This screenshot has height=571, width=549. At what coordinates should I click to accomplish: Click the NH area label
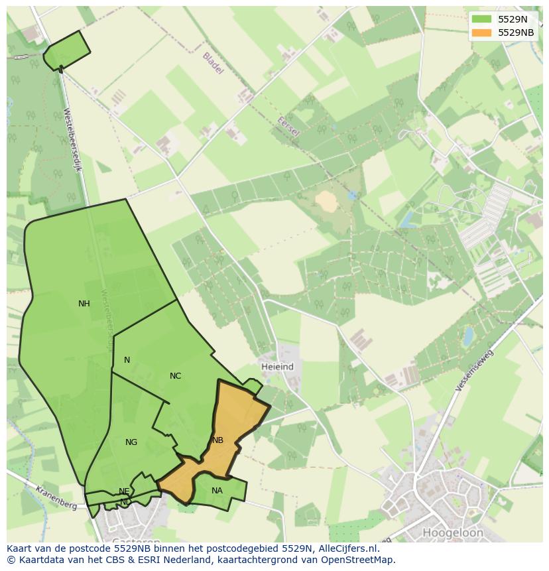(x=84, y=304)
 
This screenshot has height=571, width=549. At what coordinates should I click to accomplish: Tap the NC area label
(x=175, y=376)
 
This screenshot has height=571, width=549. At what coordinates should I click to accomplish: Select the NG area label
(x=131, y=442)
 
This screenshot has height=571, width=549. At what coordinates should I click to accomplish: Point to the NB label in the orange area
(x=217, y=440)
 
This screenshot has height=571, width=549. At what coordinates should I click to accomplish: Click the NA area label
(x=217, y=491)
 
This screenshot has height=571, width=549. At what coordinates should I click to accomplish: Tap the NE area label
(x=124, y=491)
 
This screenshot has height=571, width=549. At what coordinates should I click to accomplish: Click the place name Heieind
(x=277, y=367)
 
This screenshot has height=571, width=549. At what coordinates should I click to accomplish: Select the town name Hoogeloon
(x=453, y=533)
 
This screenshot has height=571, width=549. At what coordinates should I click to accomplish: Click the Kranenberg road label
(x=56, y=497)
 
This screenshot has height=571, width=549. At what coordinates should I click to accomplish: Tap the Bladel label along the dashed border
(x=213, y=63)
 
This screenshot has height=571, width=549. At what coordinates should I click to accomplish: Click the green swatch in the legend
(x=482, y=19)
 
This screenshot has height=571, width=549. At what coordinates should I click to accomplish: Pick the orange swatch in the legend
(x=482, y=32)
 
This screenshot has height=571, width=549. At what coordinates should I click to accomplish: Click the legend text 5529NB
(x=516, y=32)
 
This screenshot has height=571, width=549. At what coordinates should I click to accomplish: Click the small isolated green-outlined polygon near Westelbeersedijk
(x=67, y=50)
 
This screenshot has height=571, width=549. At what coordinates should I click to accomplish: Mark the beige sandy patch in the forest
(x=326, y=201)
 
